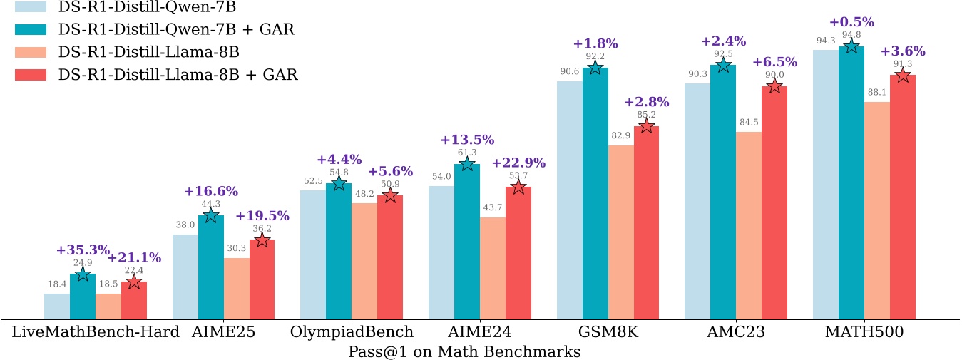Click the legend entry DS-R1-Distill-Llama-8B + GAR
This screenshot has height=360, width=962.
(x=178, y=74)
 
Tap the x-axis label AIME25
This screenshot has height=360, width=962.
(x=224, y=331)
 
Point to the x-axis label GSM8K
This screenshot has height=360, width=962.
(x=607, y=331)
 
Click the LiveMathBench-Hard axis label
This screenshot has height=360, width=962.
(x=96, y=331)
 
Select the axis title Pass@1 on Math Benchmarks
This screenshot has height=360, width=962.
(x=464, y=351)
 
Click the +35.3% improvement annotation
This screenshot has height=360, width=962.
(x=83, y=250)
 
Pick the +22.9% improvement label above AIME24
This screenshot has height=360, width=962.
(x=518, y=163)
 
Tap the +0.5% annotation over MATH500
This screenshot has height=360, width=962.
(x=851, y=21)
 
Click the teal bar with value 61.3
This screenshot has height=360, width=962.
(x=467, y=242)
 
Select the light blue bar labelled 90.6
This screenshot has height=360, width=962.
(x=569, y=200)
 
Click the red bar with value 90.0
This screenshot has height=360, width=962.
(x=774, y=202)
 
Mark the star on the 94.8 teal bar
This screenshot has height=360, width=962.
(x=851, y=46)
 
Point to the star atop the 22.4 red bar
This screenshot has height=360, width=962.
(x=134, y=282)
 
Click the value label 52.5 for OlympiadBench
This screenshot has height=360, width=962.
(x=313, y=180)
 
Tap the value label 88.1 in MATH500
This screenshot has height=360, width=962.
(x=876, y=92)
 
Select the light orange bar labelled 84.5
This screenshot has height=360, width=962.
(x=749, y=225)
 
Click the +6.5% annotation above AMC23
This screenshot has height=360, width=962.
(x=774, y=62)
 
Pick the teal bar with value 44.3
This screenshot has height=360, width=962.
(x=211, y=267)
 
